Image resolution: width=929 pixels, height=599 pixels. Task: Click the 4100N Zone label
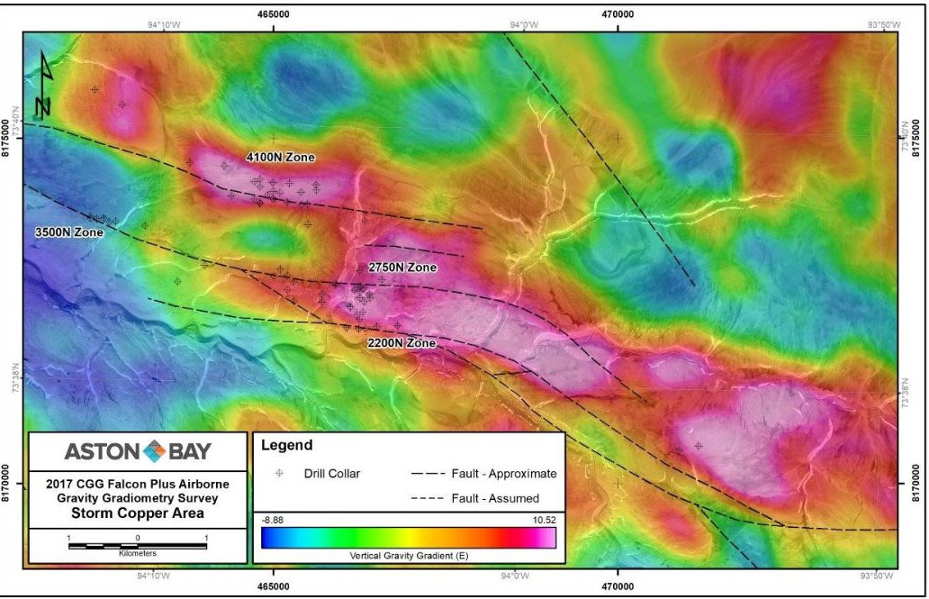(280, 158)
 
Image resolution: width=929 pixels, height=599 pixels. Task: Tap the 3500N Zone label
(69, 232)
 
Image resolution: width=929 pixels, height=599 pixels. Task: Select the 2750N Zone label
(402, 268)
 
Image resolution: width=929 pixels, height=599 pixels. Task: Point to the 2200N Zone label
(401, 343)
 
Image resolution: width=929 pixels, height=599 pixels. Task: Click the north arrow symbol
(43, 86)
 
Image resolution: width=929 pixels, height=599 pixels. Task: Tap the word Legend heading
(287, 446)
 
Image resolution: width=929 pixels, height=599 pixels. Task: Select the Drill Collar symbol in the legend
(279, 474)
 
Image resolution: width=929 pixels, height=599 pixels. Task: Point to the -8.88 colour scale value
(274, 521)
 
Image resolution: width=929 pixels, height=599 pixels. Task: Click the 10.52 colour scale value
(542, 521)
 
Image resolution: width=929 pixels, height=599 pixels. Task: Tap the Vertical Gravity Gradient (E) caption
(408, 556)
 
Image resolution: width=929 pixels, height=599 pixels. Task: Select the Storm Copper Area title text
(137, 513)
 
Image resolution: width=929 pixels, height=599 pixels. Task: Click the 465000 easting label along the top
(273, 14)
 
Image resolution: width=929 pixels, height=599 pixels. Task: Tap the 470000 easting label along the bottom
(618, 587)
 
